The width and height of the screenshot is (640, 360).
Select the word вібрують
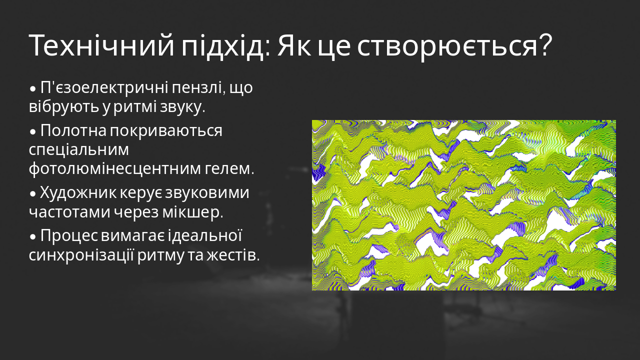click(x=57, y=107)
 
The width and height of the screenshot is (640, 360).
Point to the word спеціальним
click(x=79, y=149)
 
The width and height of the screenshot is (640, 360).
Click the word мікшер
click(x=192, y=211)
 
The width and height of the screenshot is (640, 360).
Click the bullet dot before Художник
click(x=33, y=193)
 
